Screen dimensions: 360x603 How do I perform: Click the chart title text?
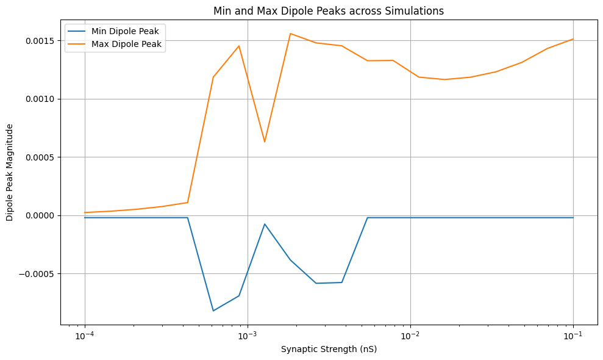click(x=328, y=10)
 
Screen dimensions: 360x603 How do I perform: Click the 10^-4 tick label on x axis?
click(x=84, y=336)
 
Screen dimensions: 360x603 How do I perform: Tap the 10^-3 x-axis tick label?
click(x=247, y=336)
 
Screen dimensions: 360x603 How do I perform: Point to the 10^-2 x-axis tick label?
click(x=410, y=336)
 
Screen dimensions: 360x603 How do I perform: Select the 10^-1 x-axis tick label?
click(x=573, y=336)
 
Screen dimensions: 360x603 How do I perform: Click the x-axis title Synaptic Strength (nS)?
click(x=329, y=350)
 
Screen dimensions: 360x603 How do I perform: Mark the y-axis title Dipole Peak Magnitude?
click(x=10, y=172)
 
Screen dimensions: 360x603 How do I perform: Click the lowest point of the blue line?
click(x=213, y=311)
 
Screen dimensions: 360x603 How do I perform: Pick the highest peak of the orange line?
click(x=290, y=34)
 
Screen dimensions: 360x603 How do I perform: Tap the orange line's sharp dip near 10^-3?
click(x=265, y=142)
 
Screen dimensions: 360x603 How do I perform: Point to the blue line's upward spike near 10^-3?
click(x=265, y=224)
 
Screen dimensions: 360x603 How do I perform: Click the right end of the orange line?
click(x=573, y=39)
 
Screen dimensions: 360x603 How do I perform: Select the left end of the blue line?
click(x=85, y=218)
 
